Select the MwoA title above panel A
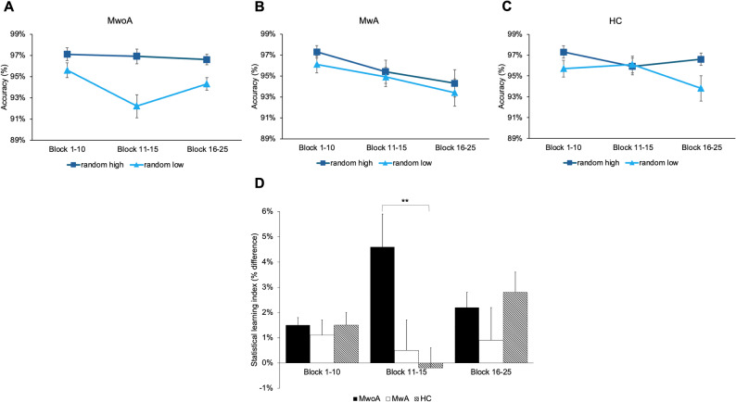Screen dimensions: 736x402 point(118,21)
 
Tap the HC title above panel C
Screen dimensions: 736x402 point(615,21)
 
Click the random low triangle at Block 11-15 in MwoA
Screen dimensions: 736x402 point(136,106)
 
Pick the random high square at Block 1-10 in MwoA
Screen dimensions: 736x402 point(67,55)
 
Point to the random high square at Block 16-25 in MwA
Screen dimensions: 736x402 point(454,83)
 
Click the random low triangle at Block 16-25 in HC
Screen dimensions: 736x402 point(701,88)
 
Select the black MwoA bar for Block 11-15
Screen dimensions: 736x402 point(383,305)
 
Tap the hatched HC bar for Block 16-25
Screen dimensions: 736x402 point(515,327)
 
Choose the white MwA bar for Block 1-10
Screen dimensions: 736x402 point(322,348)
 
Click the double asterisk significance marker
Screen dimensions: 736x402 point(405,201)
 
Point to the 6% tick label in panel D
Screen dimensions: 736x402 point(267,211)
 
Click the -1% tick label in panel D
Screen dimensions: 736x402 point(266,388)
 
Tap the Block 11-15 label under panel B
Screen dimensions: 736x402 point(387,148)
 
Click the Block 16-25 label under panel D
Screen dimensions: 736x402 point(491,372)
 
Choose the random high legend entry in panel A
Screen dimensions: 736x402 point(95,165)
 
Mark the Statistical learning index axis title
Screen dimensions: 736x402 point(254,300)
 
